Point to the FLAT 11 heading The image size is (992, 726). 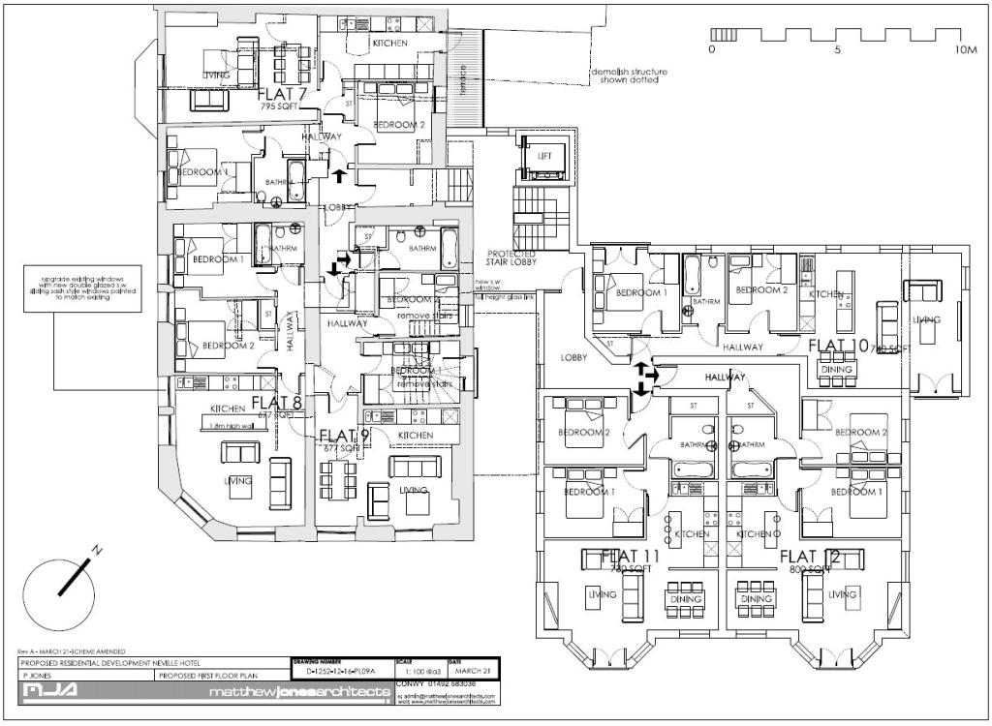[631, 556]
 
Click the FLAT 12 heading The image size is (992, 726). [809, 556]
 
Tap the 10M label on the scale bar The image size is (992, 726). [965, 49]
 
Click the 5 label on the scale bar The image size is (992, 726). [838, 49]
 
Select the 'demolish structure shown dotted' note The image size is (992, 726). [627, 76]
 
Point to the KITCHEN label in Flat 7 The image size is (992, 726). [390, 45]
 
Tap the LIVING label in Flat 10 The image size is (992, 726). [927, 319]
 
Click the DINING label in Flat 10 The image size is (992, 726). [836, 369]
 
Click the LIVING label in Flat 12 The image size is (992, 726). [843, 594]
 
